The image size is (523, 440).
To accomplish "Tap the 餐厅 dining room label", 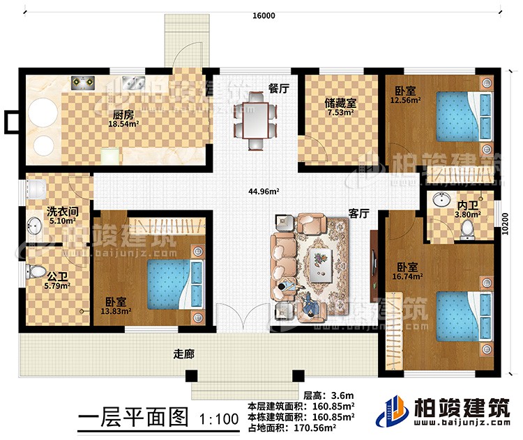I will (278, 88).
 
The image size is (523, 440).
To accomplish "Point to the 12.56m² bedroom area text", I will (405, 100).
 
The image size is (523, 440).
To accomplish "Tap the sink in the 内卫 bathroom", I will (441, 201).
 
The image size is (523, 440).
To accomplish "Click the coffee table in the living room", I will (321, 262).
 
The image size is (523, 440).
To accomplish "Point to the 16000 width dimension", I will (261, 15).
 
